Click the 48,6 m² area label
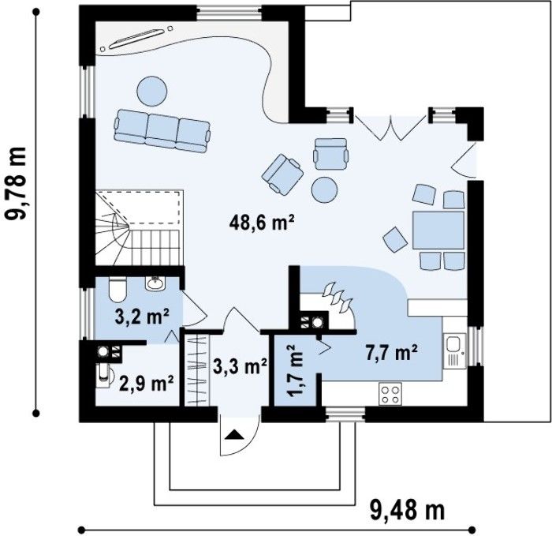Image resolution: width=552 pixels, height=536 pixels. (262, 223)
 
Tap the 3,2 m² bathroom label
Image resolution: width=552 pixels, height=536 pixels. (142, 317)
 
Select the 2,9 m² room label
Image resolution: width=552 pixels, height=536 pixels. (147, 384)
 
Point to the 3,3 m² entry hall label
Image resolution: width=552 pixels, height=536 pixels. (240, 367)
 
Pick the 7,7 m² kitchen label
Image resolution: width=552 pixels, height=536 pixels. (391, 353)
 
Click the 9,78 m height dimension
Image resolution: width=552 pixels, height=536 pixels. (17, 183)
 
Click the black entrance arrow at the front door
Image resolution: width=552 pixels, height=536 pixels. (234, 434)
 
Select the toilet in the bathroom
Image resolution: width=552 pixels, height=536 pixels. (117, 290)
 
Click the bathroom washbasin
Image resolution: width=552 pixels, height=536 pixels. (155, 283)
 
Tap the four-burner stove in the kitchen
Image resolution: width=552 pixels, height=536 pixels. (391, 395)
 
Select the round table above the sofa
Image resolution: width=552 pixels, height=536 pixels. (151, 91)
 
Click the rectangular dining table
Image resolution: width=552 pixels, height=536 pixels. (438, 231)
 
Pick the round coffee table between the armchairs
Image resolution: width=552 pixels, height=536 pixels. (325, 189)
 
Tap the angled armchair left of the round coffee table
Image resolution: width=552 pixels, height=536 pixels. (282, 174)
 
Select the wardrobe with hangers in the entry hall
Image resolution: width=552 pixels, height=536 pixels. (197, 370)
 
